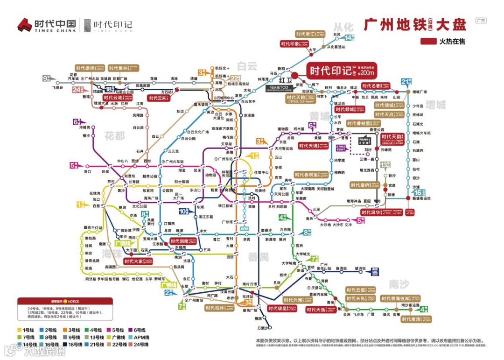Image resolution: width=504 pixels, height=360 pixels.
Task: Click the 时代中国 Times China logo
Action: point(47,25)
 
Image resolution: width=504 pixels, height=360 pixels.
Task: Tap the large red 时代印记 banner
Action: point(342,71)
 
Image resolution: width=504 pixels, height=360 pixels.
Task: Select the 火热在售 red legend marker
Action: point(428,42)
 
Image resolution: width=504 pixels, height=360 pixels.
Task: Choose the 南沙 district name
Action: point(399,284)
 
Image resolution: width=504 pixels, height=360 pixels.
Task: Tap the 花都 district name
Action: point(115,136)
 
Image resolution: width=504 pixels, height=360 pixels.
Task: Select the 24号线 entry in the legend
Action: point(138,345)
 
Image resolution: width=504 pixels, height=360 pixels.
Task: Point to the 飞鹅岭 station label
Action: point(57,87)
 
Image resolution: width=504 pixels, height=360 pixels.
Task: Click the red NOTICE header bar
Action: point(65,301)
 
